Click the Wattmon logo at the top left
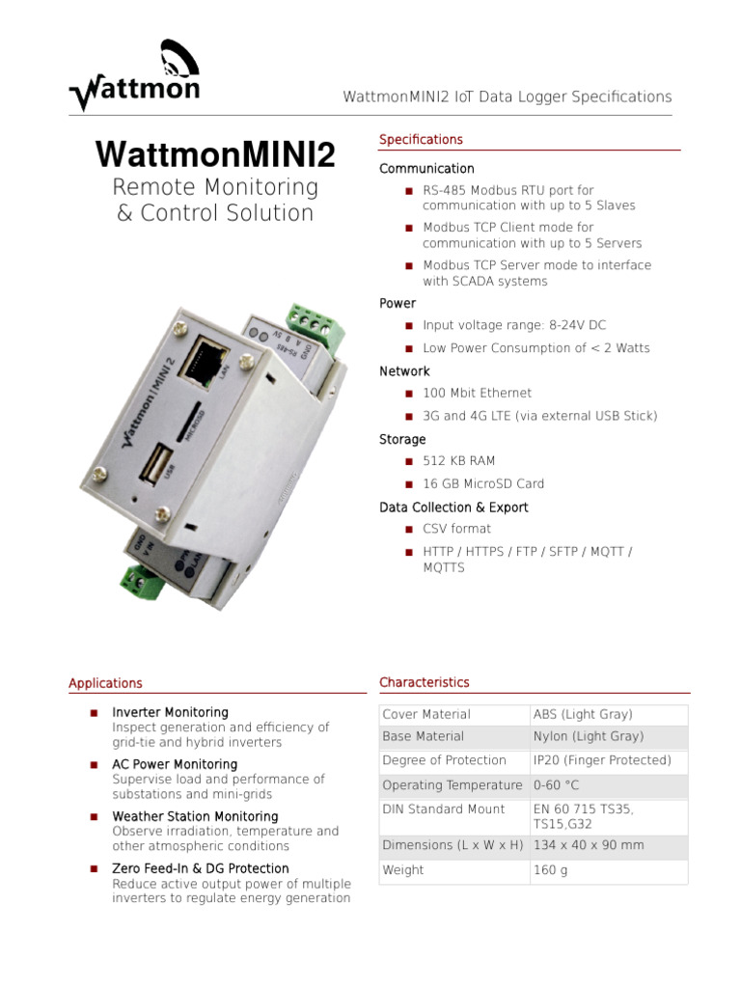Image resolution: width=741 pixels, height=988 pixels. point(134,76)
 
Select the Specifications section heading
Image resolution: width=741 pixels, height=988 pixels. point(421,140)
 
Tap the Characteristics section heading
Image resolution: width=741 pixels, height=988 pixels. point(425,683)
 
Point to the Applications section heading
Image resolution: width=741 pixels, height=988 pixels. point(105,683)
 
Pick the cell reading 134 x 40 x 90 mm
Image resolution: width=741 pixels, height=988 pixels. point(589,845)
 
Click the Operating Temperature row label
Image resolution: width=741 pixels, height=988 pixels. point(453,785)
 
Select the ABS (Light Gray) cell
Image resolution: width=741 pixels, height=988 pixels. point(583,715)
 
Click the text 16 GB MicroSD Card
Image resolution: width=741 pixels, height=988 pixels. point(483,484)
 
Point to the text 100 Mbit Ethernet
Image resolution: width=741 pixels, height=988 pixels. point(477,394)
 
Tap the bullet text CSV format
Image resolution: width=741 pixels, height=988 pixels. point(456,529)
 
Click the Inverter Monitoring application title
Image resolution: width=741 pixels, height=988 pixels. point(171,713)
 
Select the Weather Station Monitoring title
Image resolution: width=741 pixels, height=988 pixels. point(195,817)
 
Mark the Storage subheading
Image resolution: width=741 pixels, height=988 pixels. point(402,440)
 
